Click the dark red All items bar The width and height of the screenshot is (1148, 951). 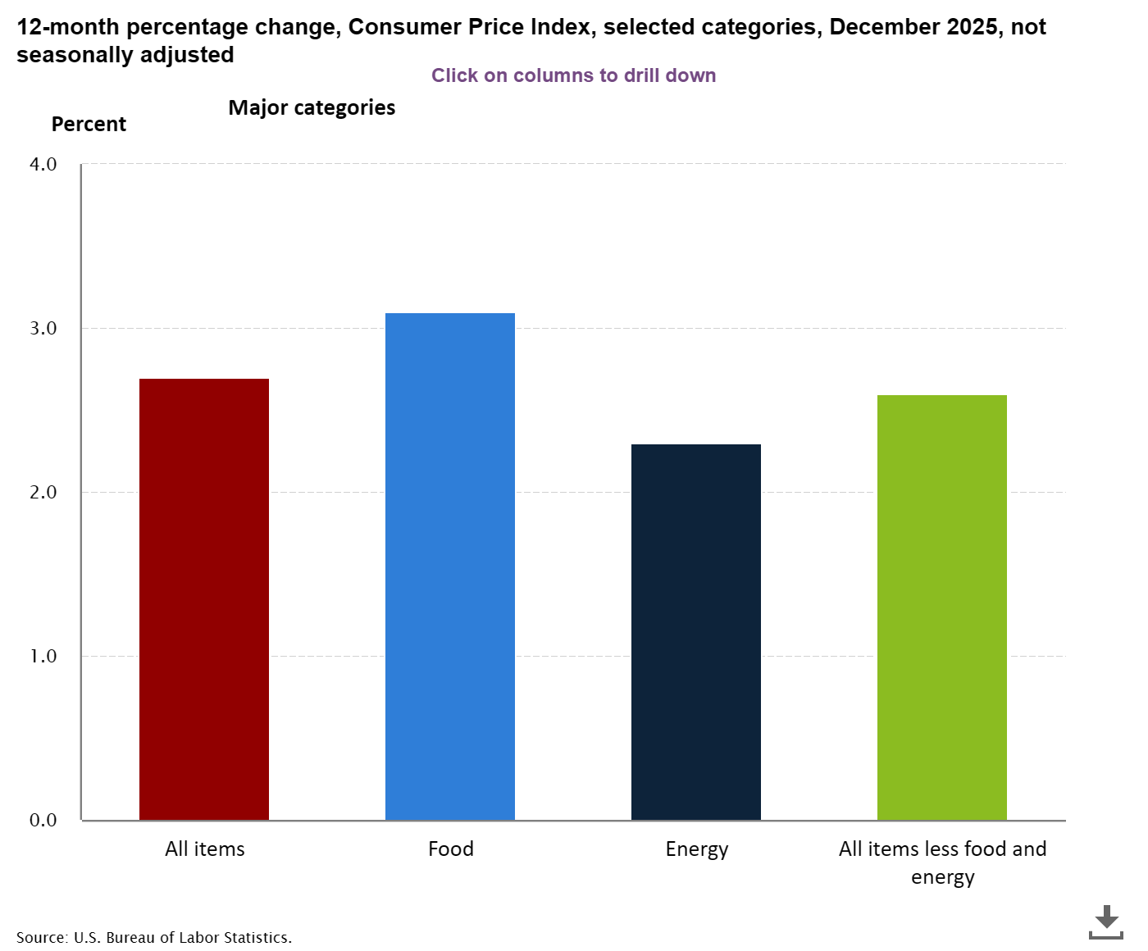(x=204, y=598)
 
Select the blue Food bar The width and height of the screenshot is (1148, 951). (x=450, y=566)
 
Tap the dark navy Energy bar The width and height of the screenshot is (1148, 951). (x=696, y=631)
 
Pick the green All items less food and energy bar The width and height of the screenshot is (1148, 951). (x=942, y=607)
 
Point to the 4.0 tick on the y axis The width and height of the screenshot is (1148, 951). (x=43, y=164)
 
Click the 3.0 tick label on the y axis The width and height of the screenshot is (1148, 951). (x=43, y=328)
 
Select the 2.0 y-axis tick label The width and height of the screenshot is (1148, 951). (x=43, y=492)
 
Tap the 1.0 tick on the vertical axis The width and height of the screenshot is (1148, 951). (x=43, y=656)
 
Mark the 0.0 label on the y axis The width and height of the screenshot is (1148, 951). (x=43, y=820)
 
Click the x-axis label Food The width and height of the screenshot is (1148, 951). (x=451, y=849)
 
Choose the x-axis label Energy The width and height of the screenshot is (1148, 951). (x=697, y=849)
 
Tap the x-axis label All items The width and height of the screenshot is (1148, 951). (x=205, y=849)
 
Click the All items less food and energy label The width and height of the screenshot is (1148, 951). (x=942, y=862)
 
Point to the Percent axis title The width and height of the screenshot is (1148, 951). (x=89, y=124)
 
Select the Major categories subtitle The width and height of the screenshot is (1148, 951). (x=312, y=107)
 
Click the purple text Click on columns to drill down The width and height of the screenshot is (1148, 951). (x=574, y=75)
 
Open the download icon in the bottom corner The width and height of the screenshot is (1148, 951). (x=1106, y=921)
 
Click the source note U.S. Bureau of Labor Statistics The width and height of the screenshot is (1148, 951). (x=154, y=937)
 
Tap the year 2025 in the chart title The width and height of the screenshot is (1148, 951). (x=972, y=27)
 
